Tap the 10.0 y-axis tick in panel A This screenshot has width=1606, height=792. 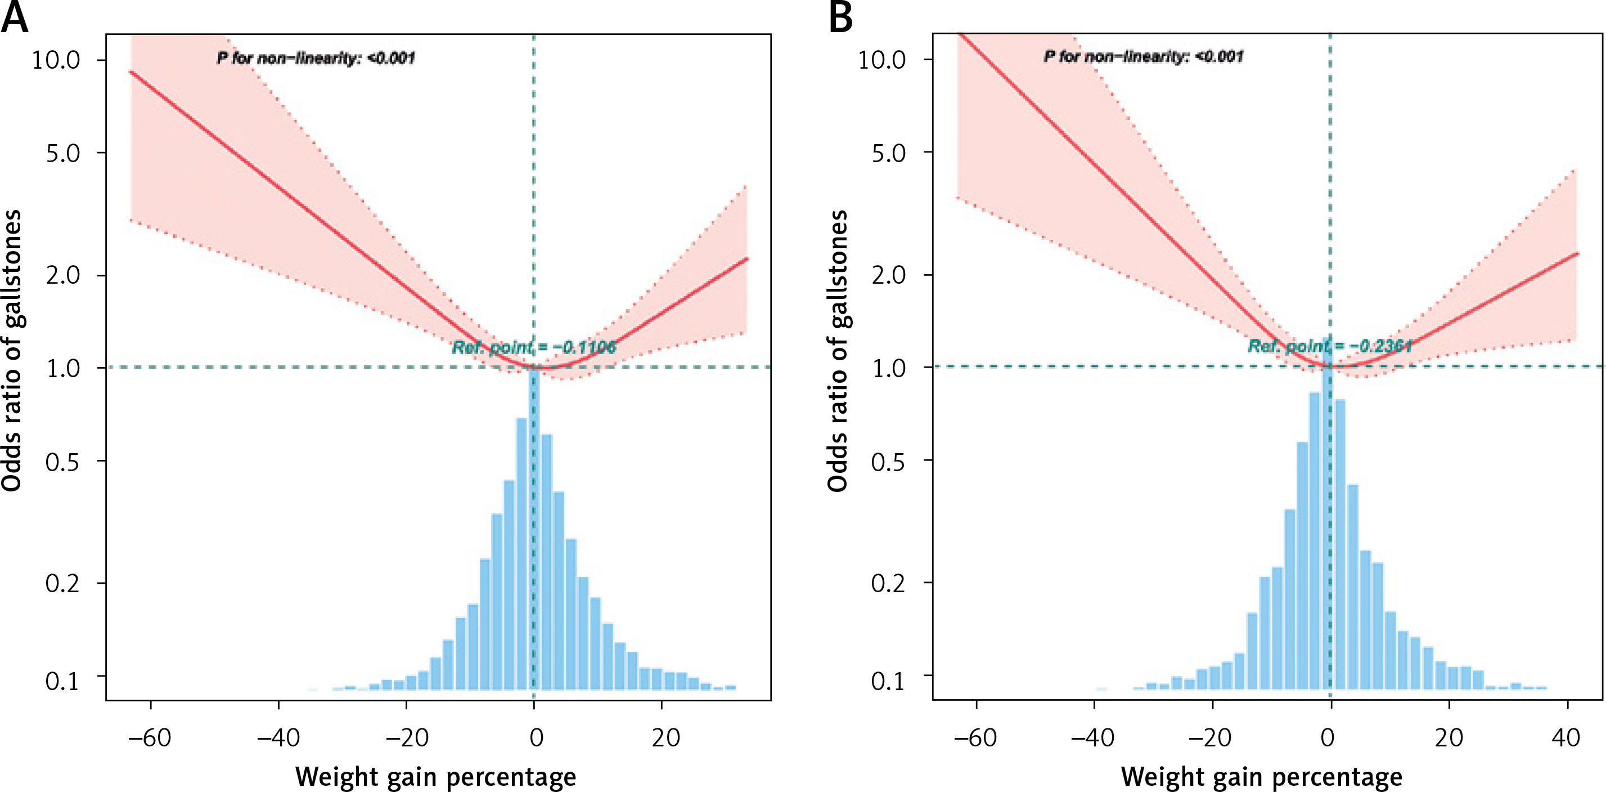tap(56, 60)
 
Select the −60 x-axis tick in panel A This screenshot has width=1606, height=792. tap(149, 738)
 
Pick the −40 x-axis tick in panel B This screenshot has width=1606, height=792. tap(1092, 738)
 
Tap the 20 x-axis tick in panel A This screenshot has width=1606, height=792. tap(665, 738)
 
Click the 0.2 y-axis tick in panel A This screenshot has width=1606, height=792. tap(63, 584)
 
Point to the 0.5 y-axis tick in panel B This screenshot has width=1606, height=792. tap(888, 462)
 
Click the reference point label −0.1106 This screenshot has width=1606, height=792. tap(534, 347)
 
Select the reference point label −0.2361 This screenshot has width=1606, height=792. tap(1329, 346)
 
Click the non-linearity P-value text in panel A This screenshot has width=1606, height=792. tap(316, 59)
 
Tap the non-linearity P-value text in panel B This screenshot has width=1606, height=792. tap(1143, 57)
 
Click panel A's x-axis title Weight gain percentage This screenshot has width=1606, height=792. tap(435, 777)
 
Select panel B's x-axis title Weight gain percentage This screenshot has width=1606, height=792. tap(1261, 777)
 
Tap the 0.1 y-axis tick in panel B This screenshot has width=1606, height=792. tap(888, 681)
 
